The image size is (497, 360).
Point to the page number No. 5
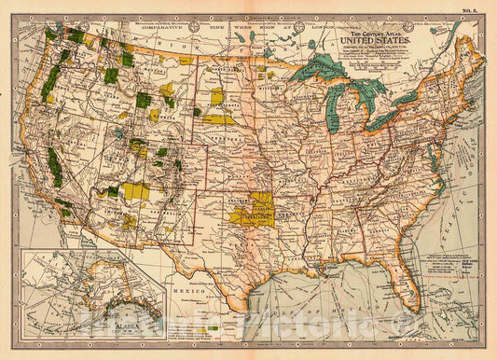[477, 10]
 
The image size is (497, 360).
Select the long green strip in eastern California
[56, 168]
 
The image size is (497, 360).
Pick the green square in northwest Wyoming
[144, 100]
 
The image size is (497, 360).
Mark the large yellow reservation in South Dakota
[220, 119]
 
